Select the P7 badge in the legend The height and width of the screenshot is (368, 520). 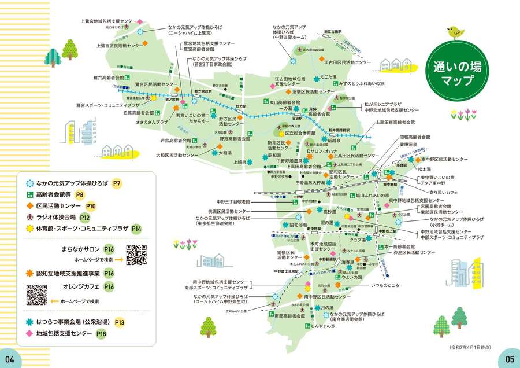[x=117, y=183]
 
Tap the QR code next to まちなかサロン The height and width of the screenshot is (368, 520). [x=136, y=255]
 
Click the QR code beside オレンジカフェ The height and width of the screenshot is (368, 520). [x=36, y=295]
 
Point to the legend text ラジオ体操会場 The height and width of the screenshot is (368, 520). [x=55, y=218]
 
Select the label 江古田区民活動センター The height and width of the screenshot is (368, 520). [x=347, y=61]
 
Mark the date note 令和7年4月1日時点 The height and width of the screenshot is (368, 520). [x=472, y=347]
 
